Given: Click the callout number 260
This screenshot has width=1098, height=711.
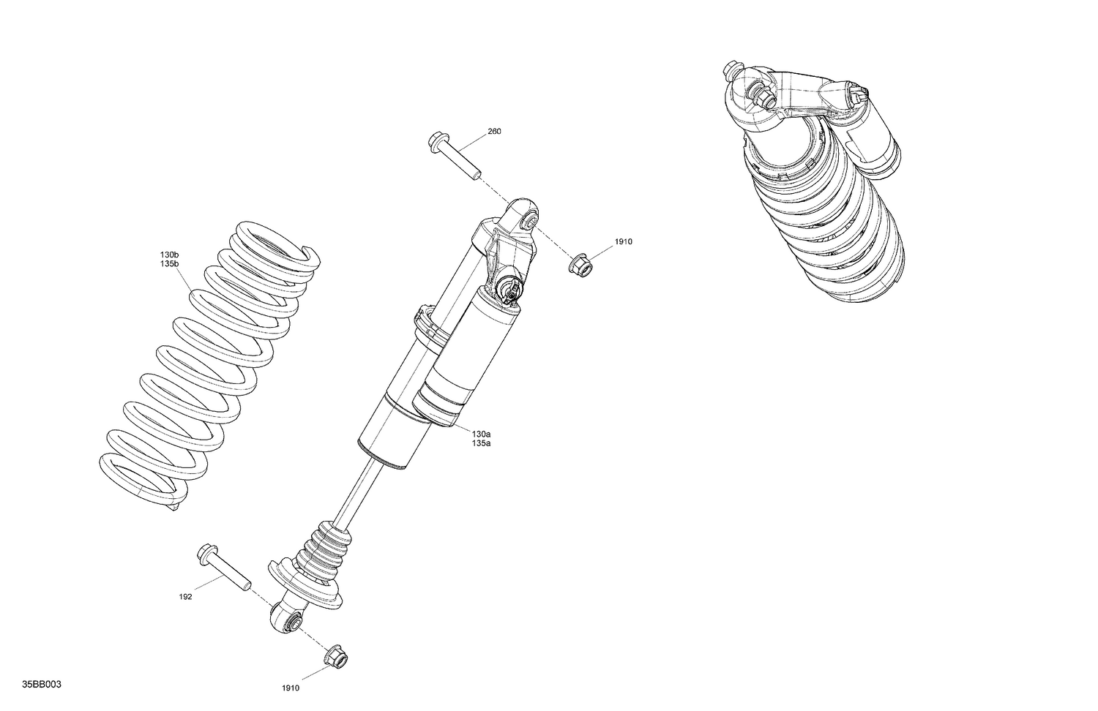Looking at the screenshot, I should pyautogui.click(x=494, y=132).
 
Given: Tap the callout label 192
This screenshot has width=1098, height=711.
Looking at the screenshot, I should pyautogui.click(x=185, y=597).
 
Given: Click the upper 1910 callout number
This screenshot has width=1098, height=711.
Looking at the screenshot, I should pyautogui.click(x=623, y=241).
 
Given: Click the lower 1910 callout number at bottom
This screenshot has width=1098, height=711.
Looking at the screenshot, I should pyautogui.click(x=291, y=688).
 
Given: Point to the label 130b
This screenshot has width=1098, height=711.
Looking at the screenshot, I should pyautogui.click(x=169, y=255).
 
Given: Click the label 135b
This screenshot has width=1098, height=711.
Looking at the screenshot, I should pyautogui.click(x=169, y=263).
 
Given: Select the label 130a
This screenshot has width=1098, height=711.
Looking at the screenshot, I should pyautogui.click(x=481, y=434).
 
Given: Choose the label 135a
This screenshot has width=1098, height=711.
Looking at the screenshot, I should pyautogui.click(x=481, y=443).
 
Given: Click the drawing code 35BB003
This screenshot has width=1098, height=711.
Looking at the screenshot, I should pyautogui.click(x=41, y=684).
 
